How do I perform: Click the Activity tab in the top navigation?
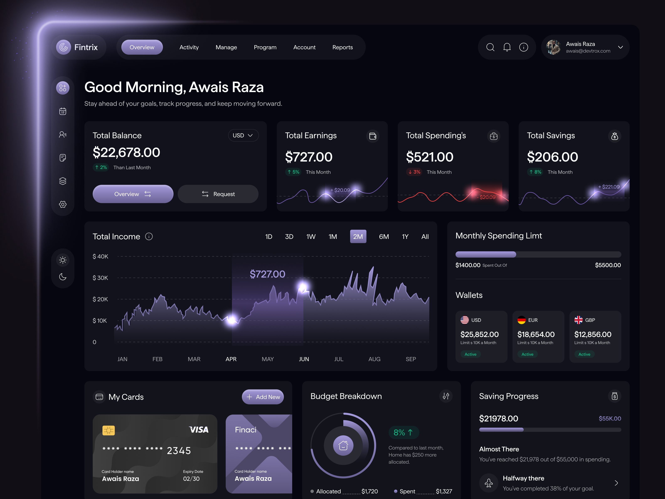[x=189, y=47]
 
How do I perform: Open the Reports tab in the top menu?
[x=342, y=47]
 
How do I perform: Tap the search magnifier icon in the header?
[x=490, y=47]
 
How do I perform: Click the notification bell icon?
[x=507, y=47]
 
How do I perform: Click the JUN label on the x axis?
[x=304, y=359]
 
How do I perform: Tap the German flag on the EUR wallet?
[x=521, y=320]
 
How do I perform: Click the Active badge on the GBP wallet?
[x=584, y=354]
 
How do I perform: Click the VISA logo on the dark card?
[x=199, y=430]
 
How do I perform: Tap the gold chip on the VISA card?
[x=108, y=430]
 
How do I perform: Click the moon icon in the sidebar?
[x=63, y=277]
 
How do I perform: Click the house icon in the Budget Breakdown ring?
[x=343, y=445]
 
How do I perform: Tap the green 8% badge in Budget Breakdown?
[x=403, y=432]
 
